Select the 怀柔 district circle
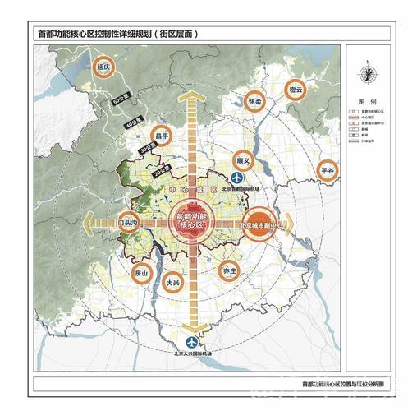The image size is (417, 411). click(x=254, y=104)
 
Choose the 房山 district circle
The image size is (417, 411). click(x=143, y=275)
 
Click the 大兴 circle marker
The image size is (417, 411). click(x=172, y=284)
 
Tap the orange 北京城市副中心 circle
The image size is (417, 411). click(x=262, y=224)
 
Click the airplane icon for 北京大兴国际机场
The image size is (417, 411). click(x=191, y=342)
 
